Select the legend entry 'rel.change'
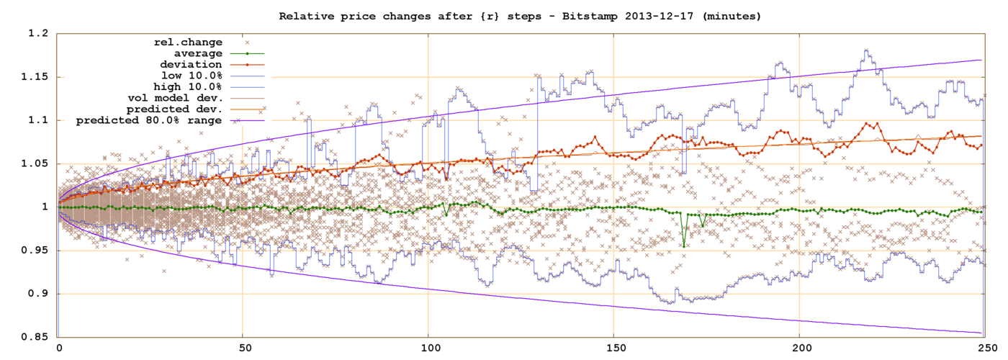190,42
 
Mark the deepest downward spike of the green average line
683,246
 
